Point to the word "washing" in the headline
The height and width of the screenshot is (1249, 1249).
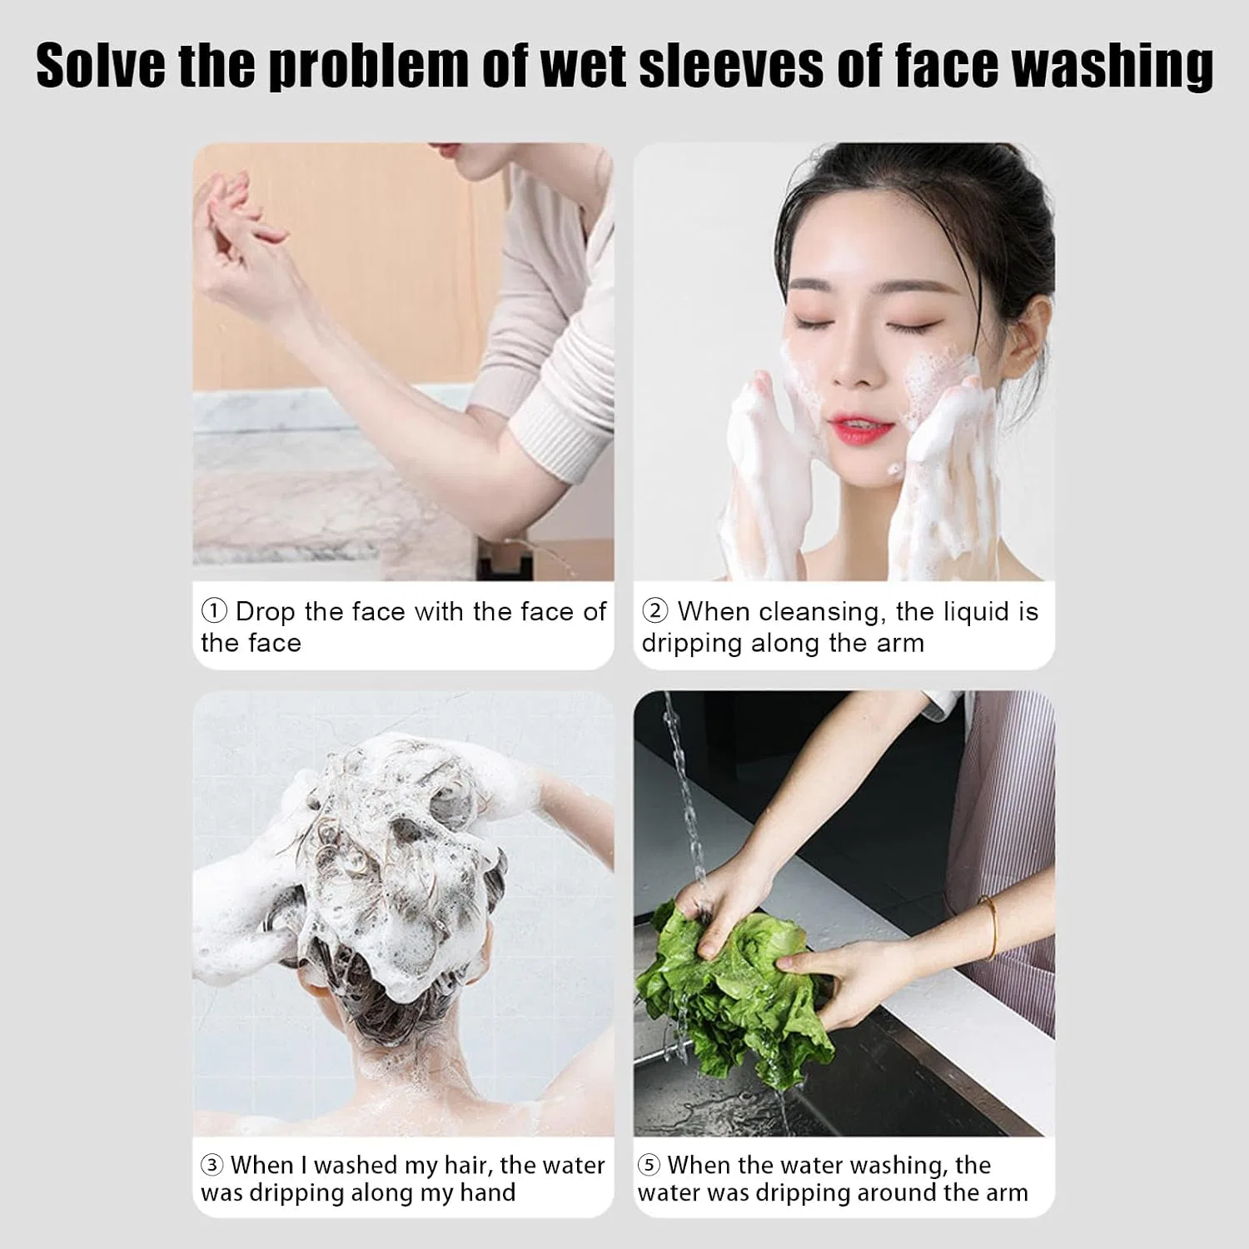tap(1112, 67)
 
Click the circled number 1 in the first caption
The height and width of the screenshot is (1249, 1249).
tap(214, 611)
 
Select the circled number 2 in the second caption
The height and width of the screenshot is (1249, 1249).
tap(655, 611)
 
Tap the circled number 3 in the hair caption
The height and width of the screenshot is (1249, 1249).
tap(211, 1164)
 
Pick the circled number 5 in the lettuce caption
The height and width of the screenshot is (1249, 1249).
tap(649, 1164)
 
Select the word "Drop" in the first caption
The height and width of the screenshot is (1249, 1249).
tap(266, 613)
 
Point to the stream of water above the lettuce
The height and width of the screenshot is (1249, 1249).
tap(684, 795)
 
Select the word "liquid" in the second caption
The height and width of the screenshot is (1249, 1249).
tap(959, 613)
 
